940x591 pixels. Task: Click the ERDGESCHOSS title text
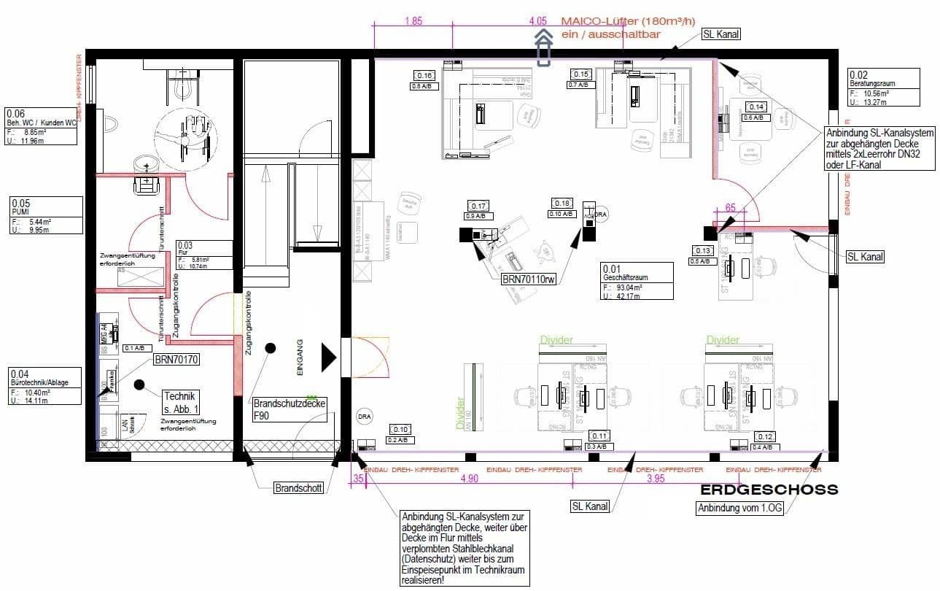[x=769, y=490]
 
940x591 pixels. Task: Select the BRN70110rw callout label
[x=528, y=279]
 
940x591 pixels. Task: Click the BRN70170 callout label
[x=176, y=360]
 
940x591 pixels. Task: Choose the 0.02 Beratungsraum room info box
[x=882, y=88]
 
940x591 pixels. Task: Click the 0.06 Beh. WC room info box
[x=41, y=127]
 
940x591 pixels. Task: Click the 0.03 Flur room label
[x=203, y=255]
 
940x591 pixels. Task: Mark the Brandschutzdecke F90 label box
[x=290, y=408]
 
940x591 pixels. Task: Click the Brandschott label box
[x=298, y=488]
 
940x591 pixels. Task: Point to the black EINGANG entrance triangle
[x=329, y=358]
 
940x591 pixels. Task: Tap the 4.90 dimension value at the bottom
[x=470, y=479]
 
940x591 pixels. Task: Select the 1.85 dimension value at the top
[x=413, y=22]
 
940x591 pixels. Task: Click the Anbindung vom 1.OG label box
[x=739, y=509]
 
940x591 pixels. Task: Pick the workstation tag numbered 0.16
[x=424, y=75]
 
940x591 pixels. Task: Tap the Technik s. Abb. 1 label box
[x=181, y=402]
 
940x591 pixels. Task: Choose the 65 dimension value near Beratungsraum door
[x=731, y=208]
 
